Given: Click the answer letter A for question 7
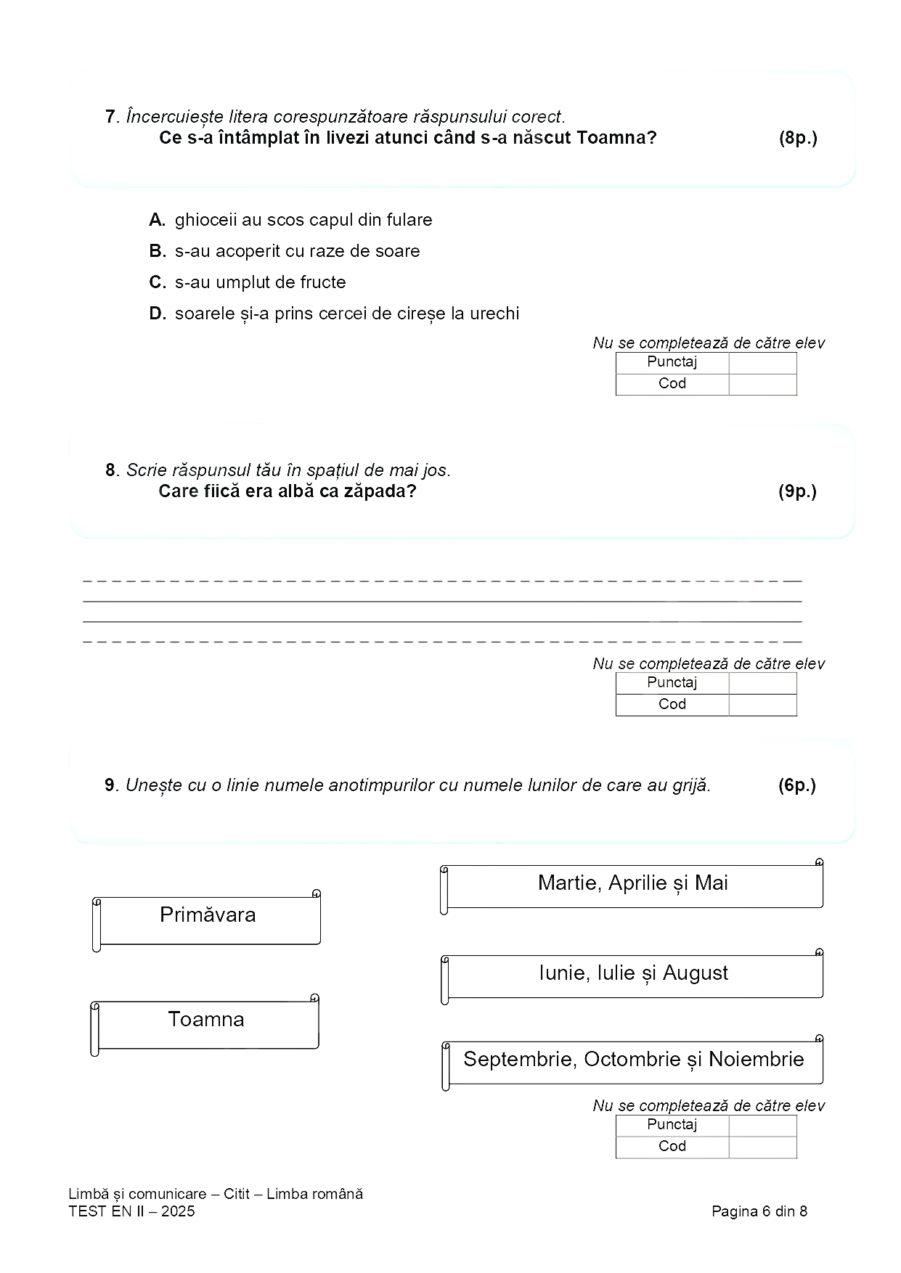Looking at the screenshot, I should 157,220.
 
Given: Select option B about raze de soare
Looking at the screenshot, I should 157,251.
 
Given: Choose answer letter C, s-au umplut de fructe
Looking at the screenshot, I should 157,282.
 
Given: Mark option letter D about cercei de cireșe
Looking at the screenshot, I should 157,314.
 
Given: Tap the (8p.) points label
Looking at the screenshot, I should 797,138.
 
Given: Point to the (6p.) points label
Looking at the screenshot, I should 796,785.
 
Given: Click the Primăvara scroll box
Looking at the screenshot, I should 208,919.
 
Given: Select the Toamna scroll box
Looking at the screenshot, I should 206,1023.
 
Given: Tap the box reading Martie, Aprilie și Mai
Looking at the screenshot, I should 632,885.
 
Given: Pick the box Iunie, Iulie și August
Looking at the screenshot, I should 632,975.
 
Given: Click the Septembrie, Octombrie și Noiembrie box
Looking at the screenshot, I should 632,1061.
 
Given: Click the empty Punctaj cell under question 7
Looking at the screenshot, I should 762,363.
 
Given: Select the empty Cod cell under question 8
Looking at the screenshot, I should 762,705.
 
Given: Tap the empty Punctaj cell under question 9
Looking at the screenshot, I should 762,1125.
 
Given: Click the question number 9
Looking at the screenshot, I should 110,785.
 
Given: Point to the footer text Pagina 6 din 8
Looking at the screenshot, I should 759,1211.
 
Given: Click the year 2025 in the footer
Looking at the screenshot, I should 178,1211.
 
